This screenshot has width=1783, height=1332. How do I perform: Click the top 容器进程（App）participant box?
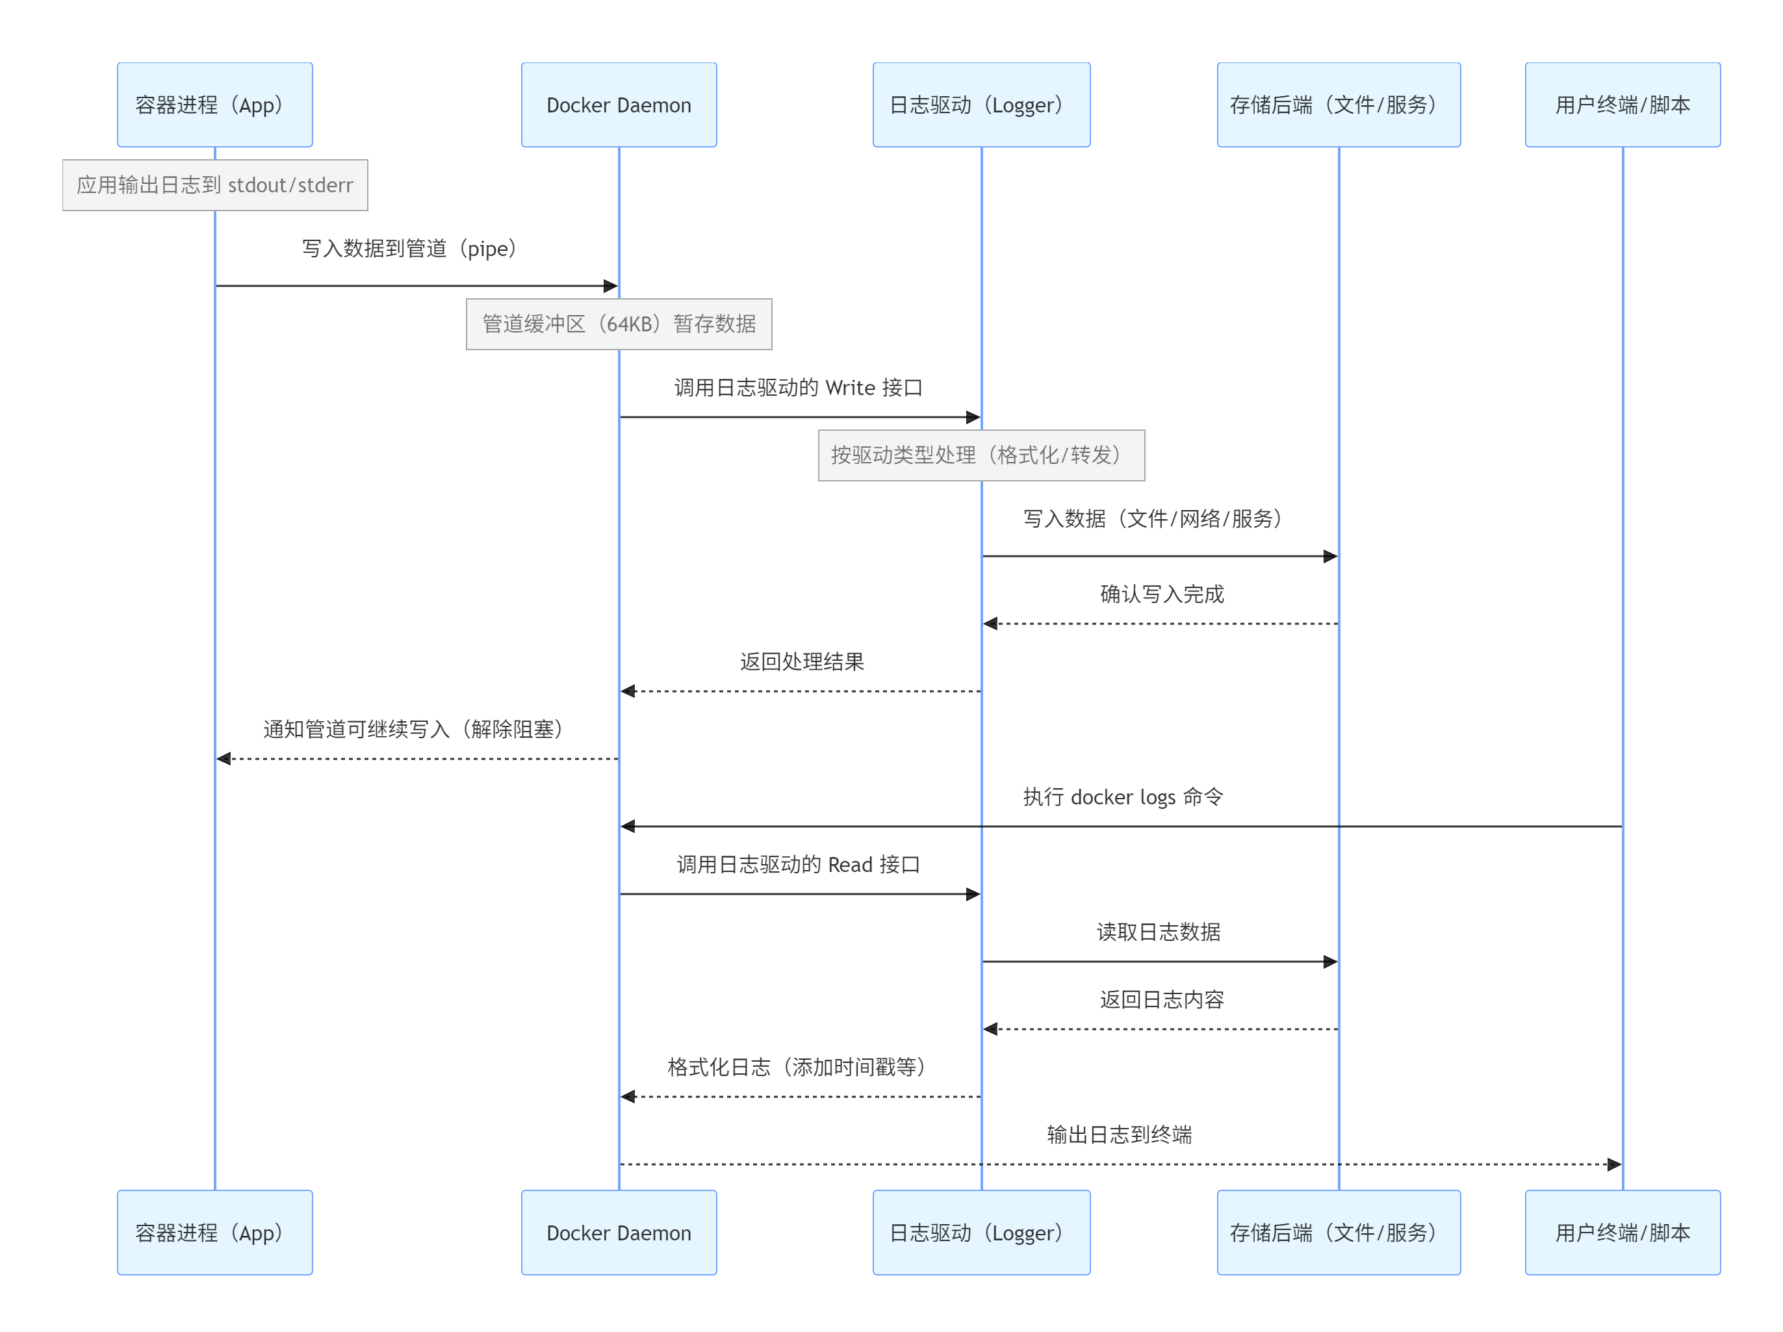point(214,105)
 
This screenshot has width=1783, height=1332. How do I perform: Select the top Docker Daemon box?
point(618,105)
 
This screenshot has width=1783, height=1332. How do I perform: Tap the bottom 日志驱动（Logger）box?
point(981,1232)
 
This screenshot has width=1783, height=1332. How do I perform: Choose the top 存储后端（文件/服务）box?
point(1338,105)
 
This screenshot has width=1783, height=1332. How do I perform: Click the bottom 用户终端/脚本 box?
point(1622,1232)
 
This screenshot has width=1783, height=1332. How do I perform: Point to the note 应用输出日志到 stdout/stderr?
point(214,185)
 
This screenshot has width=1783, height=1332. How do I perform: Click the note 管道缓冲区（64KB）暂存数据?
point(618,324)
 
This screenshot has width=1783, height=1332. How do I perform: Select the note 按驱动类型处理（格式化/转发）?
point(981,455)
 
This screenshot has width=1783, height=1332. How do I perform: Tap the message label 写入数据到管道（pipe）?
point(409,248)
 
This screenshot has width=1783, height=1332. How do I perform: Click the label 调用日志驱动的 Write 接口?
point(798,388)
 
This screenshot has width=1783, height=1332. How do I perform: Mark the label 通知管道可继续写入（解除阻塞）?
point(413,729)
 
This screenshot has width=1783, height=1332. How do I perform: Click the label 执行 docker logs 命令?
point(1123,797)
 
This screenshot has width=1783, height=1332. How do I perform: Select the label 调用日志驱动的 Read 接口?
point(798,865)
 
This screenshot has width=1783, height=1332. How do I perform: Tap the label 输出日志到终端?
point(1119,1134)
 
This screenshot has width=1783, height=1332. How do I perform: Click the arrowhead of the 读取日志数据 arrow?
point(1330,962)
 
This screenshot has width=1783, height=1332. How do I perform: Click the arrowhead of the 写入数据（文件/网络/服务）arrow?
point(1330,556)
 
